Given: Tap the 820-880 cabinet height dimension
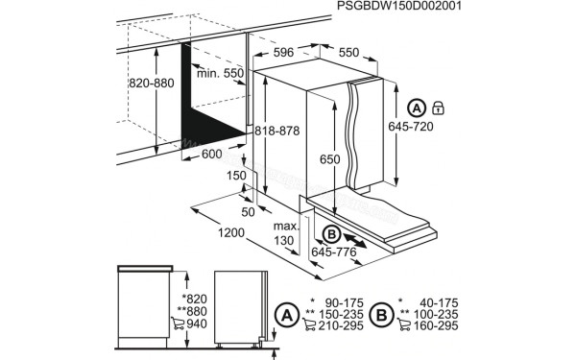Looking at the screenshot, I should click(x=152, y=84).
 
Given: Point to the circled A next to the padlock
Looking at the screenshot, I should click(x=418, y=107).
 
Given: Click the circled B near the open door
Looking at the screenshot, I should click(x=330, y=233).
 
